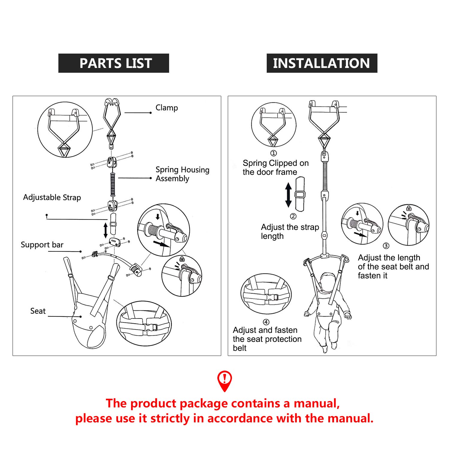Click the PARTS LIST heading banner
pyautogui.click(x=114, y=63)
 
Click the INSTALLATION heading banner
pyautogui.click(x=322, y=63)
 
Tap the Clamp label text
pyautogui.click(x=167, y=108)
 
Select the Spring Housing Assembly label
pyautogui.click(x=182, y=174)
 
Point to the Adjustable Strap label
pyautogui.click(x=52, y=198)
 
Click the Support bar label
pyautogui.click(x=42, y=245)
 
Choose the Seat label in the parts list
pyautogui.click(x=38, y=311)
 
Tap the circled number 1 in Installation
pyautogui.click(x=274, y=153)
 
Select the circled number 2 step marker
pyautogui.click(x=293, y=216)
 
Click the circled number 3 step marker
pyautogui.click(x=386, y=246)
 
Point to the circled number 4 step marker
pyautogui.click(x=266, y=322)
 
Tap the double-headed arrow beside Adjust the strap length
pyautogui.click(x=288, y=195)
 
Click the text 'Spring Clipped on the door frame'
pyautogui.click(x=275, y=168)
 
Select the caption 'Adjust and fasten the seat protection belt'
pyautogui.click(x=267, y=339)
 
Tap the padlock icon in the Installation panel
pyautogui.click(x=409, y=208)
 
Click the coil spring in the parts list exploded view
pyautogui.click(x=113, y=184)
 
